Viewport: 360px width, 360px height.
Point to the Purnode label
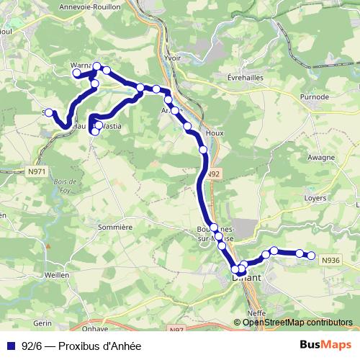pos(315,96)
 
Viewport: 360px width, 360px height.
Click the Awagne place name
pos(320,156)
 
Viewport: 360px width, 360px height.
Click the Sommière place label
pos(117,226)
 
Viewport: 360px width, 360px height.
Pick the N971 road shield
pos(36,171)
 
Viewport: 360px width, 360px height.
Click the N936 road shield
pos(331,261)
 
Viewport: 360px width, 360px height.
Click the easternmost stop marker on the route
pos(312,255)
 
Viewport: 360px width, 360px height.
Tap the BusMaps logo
pos(328,345)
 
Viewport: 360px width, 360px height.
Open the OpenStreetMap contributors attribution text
pos(297,323)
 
